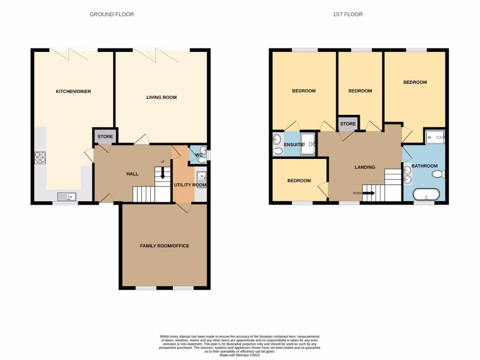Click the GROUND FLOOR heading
point(112,15)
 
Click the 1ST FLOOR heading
point(347,15)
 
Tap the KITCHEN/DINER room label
point(73,91)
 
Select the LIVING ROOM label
point(161,97)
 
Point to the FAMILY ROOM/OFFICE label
point(165,246)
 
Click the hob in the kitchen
point(40,157)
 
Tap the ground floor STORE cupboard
point(105,137)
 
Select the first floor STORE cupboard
point(348,124)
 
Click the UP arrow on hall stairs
point(163,173)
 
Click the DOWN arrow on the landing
point(368,193)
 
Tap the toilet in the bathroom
point(438,174)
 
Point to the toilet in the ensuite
point(277,150)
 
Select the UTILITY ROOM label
point(189,185)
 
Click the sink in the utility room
point(202,177)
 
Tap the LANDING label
point(364,167)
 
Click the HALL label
point(132,174)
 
